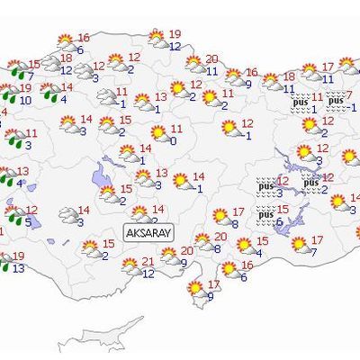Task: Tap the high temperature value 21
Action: (x=148, y=261)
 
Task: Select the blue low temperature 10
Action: (x=25, y=101)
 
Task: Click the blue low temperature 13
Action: (x=19, y=268)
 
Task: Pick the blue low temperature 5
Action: (x=29, y=222)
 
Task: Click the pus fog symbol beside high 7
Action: (x=335, y=99)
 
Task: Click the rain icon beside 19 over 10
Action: (x=10, y=94)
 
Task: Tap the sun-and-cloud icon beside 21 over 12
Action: (x=131, y=266)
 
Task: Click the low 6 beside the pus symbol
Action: (x=280, y=221)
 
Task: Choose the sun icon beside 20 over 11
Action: (x=193, y=65)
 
